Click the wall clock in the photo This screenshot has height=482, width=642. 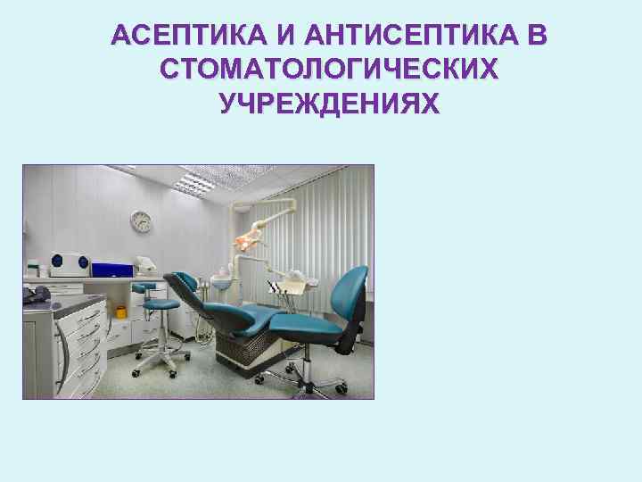tap(141, 220)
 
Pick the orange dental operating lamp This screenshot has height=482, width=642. tap(248, 238)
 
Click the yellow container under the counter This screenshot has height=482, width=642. tap(120, 312)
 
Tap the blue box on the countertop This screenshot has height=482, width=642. tap(111, 268)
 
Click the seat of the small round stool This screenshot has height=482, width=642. tap(160, 304)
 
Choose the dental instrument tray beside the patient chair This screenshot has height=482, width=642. tap(288, 286)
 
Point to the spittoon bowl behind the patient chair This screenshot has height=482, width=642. tap(220, 282)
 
